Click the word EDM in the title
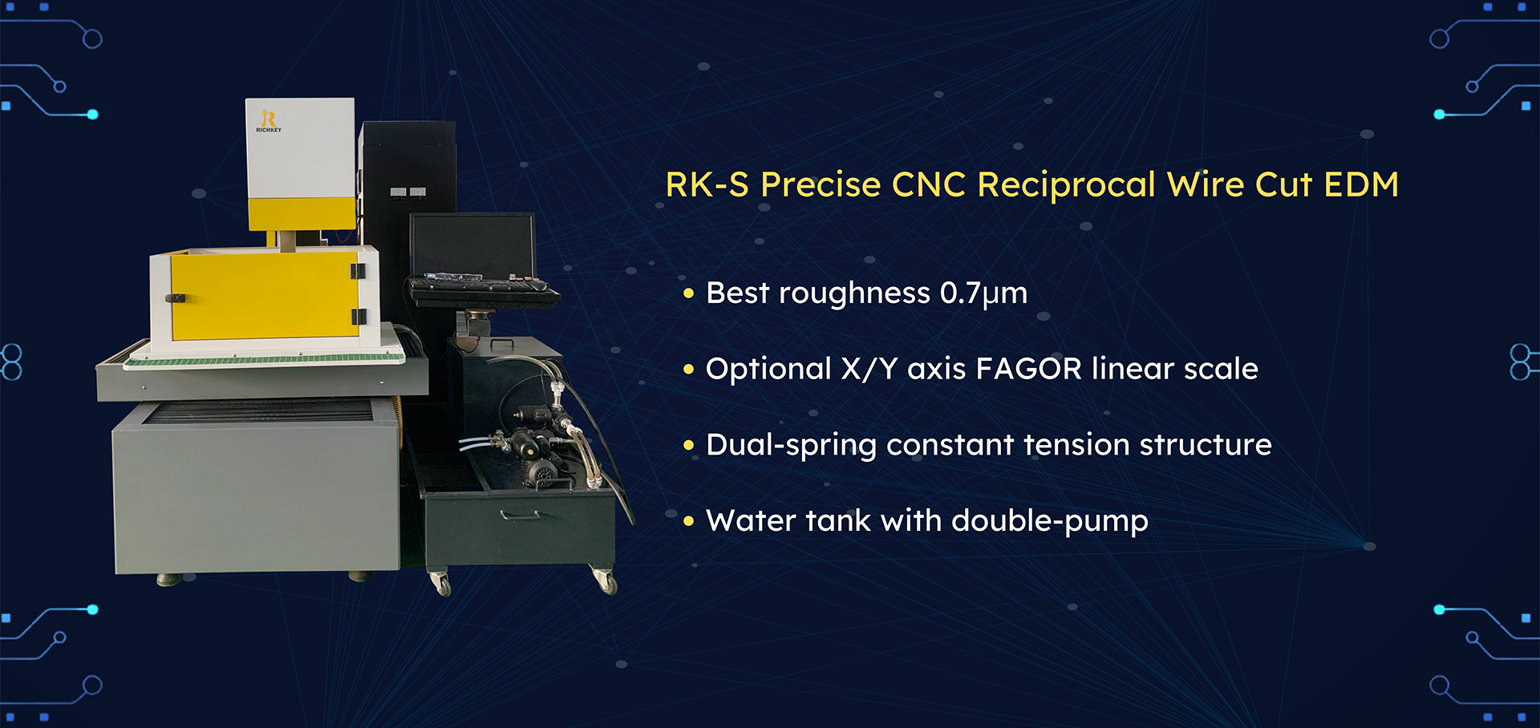(1361, 184)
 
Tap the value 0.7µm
(983, 293)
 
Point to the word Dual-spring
(791, 446)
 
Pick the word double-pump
(1050, 521)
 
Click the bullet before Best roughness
(688, 294)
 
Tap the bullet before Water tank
(688, 522)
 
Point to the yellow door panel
(264, 296)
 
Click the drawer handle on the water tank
(521, 515)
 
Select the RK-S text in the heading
(707, 184)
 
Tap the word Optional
(768, 370)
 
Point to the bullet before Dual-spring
(688, 446)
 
